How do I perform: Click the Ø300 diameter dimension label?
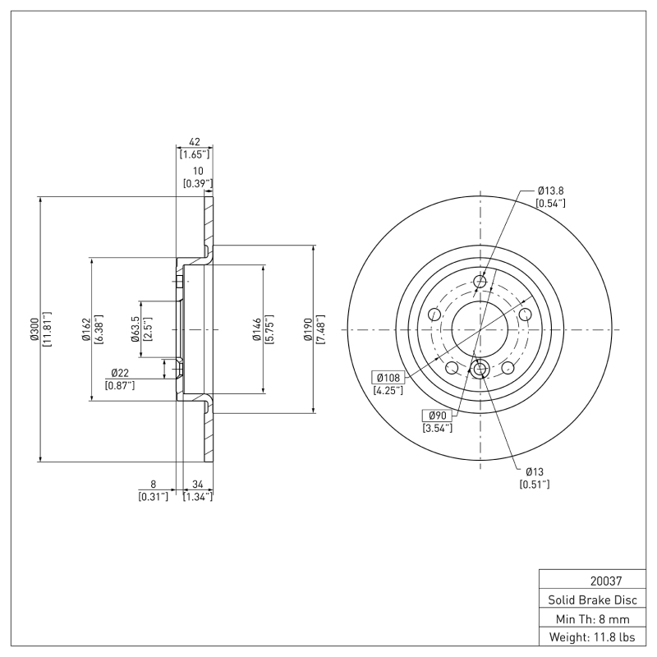pyautogui.click(x=33, y=329)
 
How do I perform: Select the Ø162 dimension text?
pyautogui.click(x=85, y=329)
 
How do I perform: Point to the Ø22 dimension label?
pyautogui.click(x=120, y=374)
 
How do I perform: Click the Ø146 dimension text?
pyautogui.click(x=256, y=329)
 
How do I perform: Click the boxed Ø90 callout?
pyautogui.click(x=436, y=416)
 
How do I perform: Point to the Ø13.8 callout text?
pyautogui.click(x=550, y=191)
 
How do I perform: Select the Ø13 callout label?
pyautogui.click(x=535, y=472)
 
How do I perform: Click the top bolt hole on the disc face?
pyautogui.click(x=480, y=284)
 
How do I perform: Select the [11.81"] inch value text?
pyautogui.click(x=47, y=329)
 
